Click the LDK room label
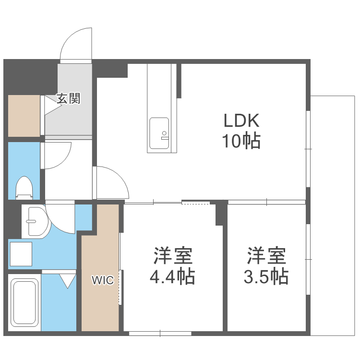coord(241,120)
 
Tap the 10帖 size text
coord(241,141)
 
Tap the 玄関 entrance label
coord(68,99)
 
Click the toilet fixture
coord(24,188)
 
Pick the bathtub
coord(24,303)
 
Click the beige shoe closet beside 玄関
coord(24,115)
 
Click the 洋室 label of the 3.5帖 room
coord(267,256)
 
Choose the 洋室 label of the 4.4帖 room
coord(173,256)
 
